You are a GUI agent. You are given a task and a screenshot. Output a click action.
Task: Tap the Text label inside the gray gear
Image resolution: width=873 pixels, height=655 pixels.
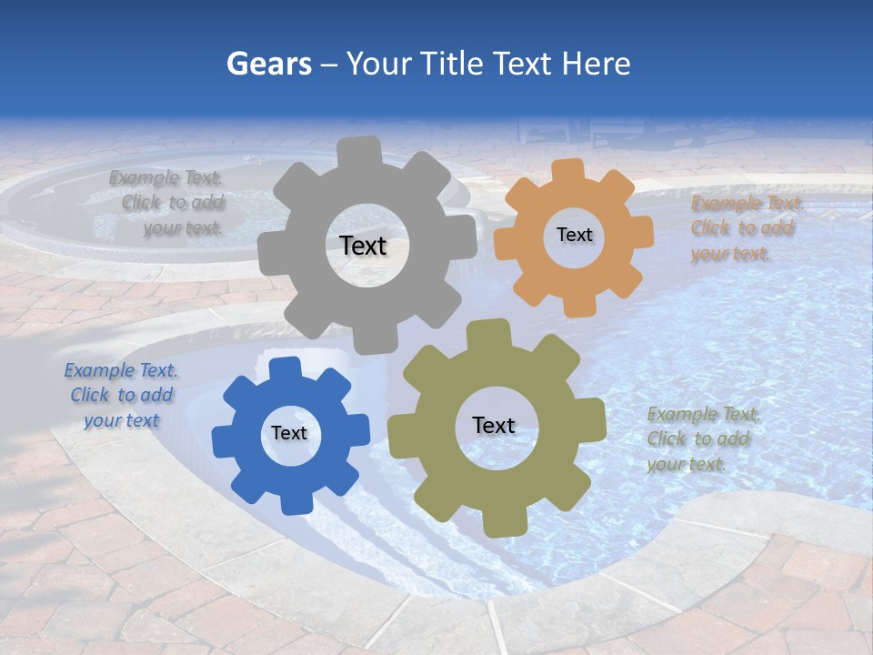pyautogui.click(x=363, y=246)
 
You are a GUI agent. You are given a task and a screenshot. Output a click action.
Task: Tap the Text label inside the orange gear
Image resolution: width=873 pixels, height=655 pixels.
pyautogui.click(x=574, y=235)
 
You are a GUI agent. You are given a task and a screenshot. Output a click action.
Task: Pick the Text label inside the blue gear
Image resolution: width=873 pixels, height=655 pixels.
pyautogui.click(x=289, y=433)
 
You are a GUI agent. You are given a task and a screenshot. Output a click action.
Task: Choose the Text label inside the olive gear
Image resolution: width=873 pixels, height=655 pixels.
pyautogui.click(x=494, y=425)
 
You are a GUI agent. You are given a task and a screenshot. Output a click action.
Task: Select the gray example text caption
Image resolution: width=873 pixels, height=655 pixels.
pyautogui.click(x=168, y=203)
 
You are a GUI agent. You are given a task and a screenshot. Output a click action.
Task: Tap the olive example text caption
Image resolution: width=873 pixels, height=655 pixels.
pyautogui.click(x=703, y=439)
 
